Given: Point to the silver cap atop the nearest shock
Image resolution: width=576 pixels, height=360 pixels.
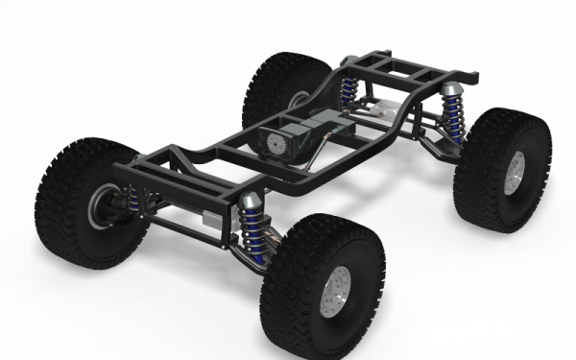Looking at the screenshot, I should (x=251, y=200).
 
